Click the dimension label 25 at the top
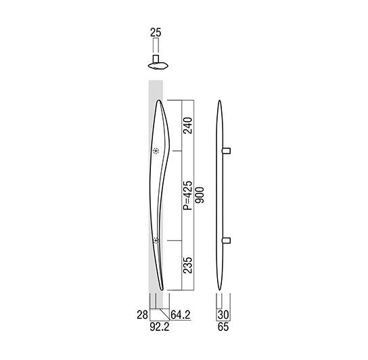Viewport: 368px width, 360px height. tap(156, 32)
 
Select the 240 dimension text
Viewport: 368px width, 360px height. tap(187, 125)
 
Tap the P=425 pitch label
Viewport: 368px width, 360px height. tap(187, 196)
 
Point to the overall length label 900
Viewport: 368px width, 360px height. tap(200, 195)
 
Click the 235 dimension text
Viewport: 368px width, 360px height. tap(187, 265)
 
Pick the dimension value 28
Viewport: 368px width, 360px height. tap(143, 315)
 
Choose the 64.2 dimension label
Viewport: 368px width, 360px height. tap(180, 315)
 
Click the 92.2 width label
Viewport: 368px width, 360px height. tap(160, 327)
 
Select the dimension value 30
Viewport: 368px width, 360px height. tap(223, 315)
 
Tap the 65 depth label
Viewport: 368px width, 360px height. tap(223, 327)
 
